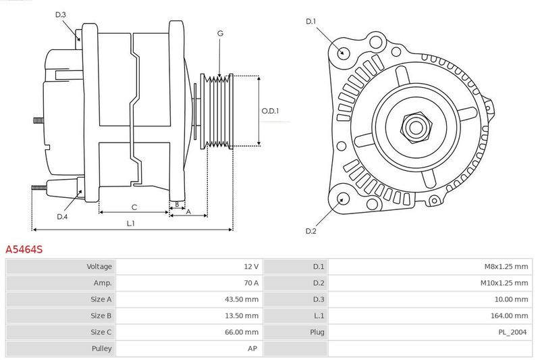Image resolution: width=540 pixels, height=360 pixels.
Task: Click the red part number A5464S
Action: point(24,249)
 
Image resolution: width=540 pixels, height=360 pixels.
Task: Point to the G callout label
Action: point(220,32)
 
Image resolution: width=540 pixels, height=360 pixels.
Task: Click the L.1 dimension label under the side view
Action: point(131,223)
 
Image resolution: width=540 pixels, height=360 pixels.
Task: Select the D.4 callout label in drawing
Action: point(62,217)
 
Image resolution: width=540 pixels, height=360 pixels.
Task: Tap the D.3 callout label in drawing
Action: point(61,14)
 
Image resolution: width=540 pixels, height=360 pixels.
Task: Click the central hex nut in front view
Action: point(415,126)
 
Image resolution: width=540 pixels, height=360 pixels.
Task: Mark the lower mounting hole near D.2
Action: point(342,199)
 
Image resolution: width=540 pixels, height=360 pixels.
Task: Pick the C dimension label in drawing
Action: point(134,207)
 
